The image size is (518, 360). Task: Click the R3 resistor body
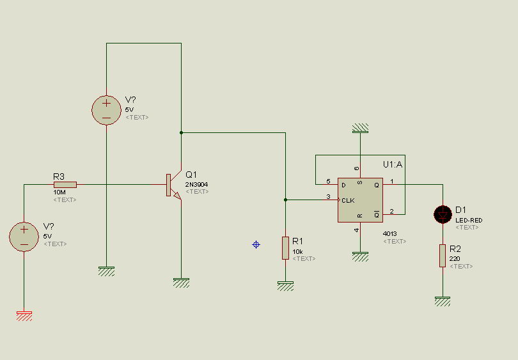tap(65, 185)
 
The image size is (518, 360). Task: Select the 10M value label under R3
tap(59, 192)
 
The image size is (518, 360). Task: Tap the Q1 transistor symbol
tap(174, 185)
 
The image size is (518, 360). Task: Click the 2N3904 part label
tap(196, 185)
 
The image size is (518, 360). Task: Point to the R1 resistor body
tap(285, 247)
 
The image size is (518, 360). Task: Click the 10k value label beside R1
tap(297, 252)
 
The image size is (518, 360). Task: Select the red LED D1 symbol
tap(443, 214)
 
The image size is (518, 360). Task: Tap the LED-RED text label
tap(469, 221)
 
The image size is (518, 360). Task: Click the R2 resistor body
tap(443, 256)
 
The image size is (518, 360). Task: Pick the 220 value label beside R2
tap(455, 258)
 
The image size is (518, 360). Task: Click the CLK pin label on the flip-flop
tap(348, 201)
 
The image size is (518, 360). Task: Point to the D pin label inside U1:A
tap(343, 185)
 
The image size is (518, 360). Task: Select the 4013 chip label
tap(390, 233)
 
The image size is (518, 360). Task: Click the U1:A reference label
tap(393, 164)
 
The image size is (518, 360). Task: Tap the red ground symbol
tap(24, 316)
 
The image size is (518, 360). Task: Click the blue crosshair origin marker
tap(256, 244)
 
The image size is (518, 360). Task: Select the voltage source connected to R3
tap(24, 237)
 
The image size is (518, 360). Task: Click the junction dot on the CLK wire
tap(285, 200)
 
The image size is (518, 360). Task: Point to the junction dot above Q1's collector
tap(181, 133)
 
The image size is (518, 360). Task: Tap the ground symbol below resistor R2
tap(443, 301)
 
